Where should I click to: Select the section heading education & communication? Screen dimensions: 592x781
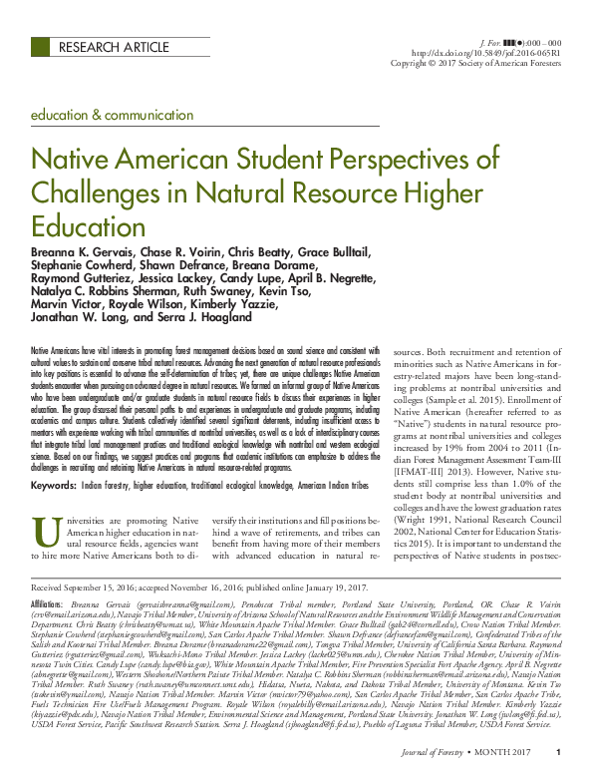tap(112, 115)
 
